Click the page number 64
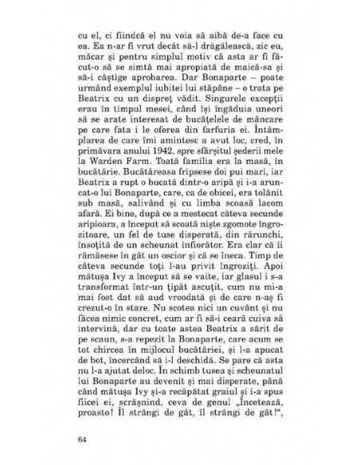click(x=82, y=438)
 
